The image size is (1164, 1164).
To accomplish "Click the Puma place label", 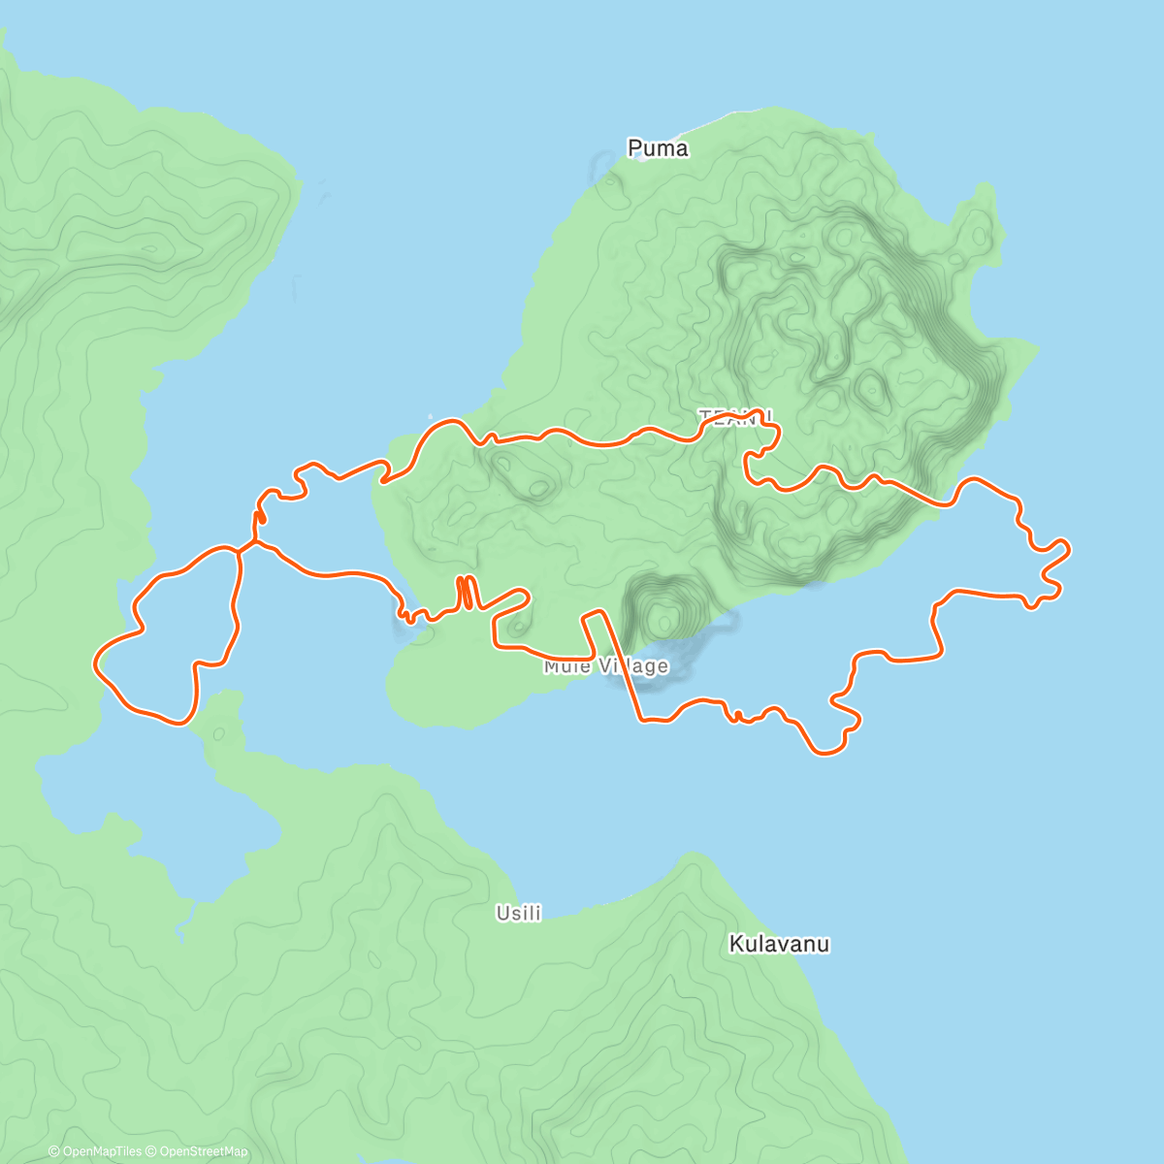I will (658, 148).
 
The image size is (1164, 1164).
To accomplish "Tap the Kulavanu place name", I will (779, 944).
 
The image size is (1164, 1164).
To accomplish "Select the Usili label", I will (518, 913).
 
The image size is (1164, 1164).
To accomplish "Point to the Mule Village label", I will (606, 666).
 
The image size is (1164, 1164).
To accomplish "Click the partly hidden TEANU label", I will (735, 416).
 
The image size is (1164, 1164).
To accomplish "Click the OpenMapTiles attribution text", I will (102, 1151).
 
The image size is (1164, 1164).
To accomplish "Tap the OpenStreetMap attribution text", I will (204, 1151).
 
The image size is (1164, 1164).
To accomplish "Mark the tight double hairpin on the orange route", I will (467, 592).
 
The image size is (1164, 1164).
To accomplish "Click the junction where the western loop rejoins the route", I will (241, 550).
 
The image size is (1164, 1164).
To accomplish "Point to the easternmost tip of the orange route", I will (1069, 548).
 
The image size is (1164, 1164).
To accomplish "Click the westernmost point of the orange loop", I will (94, 663).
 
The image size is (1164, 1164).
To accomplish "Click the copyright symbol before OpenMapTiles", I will (53, 1151).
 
